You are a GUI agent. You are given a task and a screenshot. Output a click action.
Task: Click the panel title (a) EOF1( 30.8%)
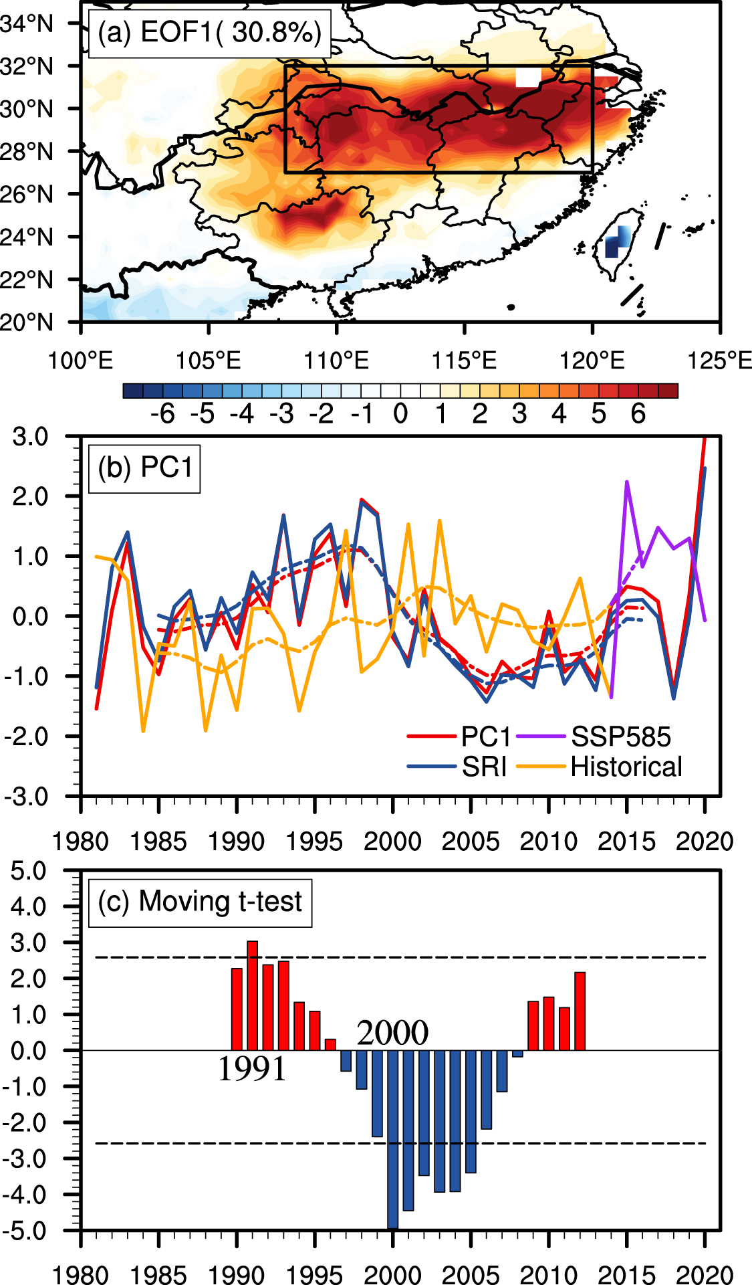point(209,33)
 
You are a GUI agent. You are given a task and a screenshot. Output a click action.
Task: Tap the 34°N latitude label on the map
point(27,24)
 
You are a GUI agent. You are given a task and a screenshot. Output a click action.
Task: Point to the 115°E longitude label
point(464,361)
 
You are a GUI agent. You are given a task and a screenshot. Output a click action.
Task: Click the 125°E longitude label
point(719,361)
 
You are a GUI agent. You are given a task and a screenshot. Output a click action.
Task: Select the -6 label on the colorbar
point(162,415)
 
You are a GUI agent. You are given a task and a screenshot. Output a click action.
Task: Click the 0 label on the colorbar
point(400,415)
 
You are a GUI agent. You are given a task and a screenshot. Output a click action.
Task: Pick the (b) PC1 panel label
point(144,468)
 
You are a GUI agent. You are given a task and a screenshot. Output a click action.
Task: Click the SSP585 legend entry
point(620,736)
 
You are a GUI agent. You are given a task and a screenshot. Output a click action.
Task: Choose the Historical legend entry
point(626,767)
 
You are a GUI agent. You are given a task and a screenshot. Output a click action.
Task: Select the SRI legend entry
point(484,767)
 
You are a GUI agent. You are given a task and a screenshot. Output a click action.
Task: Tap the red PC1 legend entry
point(486,736)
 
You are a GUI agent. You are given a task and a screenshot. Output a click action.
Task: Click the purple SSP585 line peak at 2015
point(627,482)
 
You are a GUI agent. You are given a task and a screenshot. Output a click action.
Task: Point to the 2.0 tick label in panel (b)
point(30,496)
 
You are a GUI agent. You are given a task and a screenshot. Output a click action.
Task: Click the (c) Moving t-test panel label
point(200,902)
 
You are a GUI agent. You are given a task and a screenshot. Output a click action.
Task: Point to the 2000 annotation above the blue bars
point(392,1033)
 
